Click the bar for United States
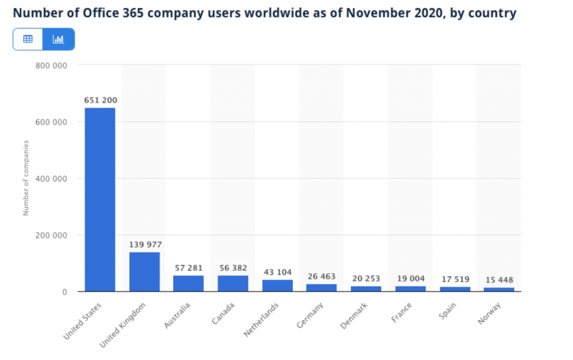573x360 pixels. coord(100,199)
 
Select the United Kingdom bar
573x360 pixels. coord(144,272)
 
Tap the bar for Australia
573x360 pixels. coord(189,283)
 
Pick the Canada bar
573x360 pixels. coord(233,283)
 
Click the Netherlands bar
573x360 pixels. coord(277,286)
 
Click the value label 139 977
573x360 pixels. coord(144,245)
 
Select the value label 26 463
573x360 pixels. coord(321,277)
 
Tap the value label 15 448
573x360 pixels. coord(499,280)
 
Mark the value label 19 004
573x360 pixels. coord(410,278)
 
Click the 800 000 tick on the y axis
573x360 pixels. coord(51,65)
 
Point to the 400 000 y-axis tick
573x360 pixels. coord(51,179)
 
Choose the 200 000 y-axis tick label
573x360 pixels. coord(51,235)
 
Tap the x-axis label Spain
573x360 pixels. coord(448,312)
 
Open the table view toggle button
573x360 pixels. coord(28,39)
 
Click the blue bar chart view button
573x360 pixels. coord(59,39)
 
